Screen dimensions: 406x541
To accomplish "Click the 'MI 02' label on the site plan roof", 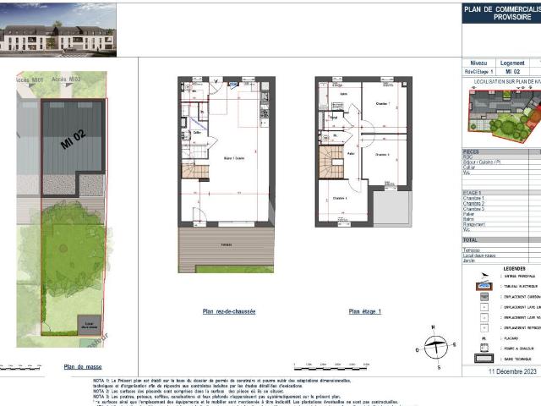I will pyautogui.click(x=74, y=134).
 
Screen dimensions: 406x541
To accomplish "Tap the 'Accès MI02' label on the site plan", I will pyautogui.click(x=66, y=79).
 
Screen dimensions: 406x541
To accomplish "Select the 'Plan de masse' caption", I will pyautogui.click(x=83, y=366).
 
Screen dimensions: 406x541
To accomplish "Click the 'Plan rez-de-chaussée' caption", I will pyautogui.click(x=228, y=311).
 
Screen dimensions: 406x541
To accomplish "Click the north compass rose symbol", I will pyautogui.click(x=434, y=346).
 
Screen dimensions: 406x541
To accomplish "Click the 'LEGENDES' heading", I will pyautogui.click(x=501, y=268).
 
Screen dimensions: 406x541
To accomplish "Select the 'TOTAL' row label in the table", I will pyautogui.click(x=472, y=240).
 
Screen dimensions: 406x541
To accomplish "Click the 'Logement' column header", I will pyautogui.click(x=512, y=63).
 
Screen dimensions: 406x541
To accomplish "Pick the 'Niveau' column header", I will pyautogui.click(x=478, y=63).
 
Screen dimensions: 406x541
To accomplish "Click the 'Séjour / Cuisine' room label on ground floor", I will pyautogui.click(x=222, y=158).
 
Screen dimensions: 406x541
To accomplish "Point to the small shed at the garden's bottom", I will pyautogui.click(x=89, y=324).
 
